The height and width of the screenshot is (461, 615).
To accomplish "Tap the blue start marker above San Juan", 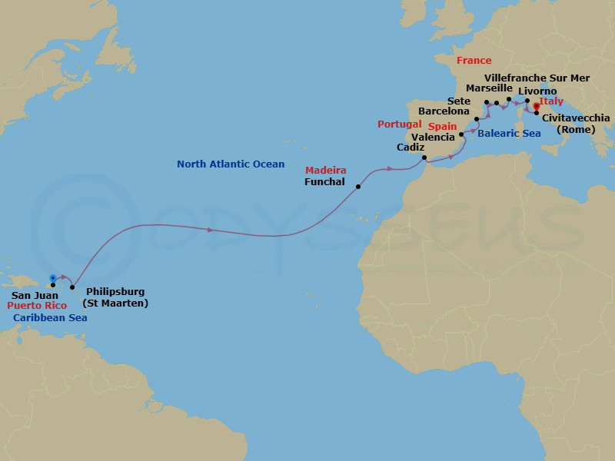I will click(x=52, y=277).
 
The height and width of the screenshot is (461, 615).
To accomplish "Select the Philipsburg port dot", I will click(x=72, y=288).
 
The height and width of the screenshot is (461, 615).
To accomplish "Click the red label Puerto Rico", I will click(x=36, y=305).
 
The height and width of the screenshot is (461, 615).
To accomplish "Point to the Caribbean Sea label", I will click(x=50, y=317).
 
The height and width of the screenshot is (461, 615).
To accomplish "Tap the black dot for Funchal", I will click(x=358, y=187).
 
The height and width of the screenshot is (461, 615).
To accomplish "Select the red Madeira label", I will click(x=325, y=170).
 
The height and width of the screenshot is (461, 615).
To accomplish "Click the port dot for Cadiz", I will click(x=425, y=158).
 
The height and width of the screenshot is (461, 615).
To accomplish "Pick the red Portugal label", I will click(x=399, y=124).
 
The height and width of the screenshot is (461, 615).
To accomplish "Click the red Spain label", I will click(x=443, y=126).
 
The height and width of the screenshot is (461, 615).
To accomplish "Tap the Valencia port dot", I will click(x=461, y=134).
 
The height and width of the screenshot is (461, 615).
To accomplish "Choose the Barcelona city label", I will click(x=444, y=111).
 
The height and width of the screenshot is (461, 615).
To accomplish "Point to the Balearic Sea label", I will click(x=509, y=134).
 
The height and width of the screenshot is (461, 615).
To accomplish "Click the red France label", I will click(x=474, y=61).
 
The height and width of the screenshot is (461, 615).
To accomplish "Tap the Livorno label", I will click(x=537, y=91).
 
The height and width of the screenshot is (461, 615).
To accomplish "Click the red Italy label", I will click(x=551, y=101).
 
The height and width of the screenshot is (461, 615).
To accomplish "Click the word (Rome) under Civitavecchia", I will click(x=575, y=129).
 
